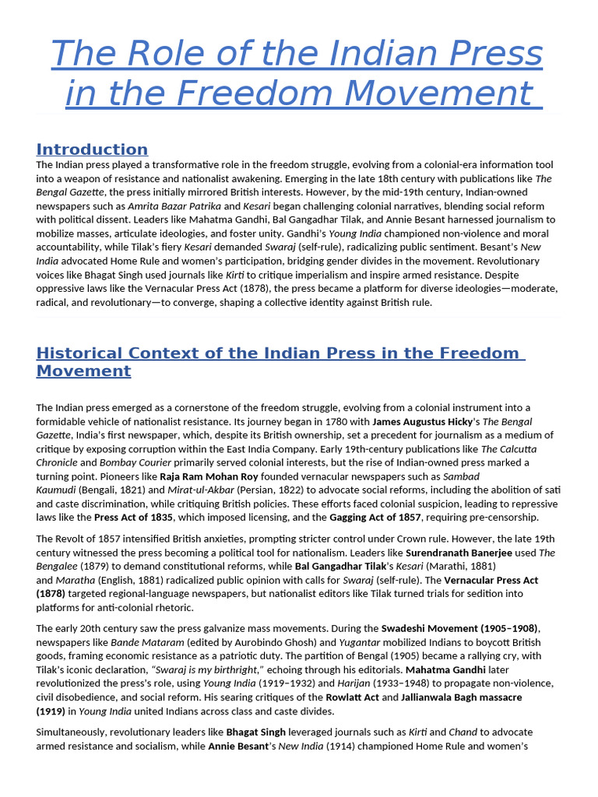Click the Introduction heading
tap(92, 149)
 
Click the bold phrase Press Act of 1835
tap(134, 518)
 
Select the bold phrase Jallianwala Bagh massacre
tap(461, 697)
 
